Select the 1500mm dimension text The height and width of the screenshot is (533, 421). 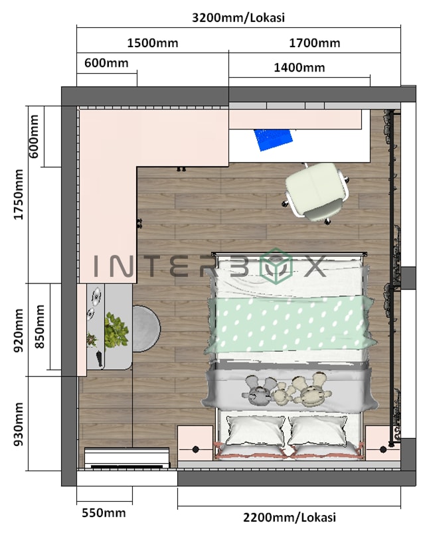tap(152, 43)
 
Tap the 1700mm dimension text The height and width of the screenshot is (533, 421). tap(314, 43)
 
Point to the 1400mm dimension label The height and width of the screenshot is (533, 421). tap(299, 67)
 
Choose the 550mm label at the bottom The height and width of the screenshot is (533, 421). tap(104, 512)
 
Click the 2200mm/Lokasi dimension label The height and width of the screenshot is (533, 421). tap(289, 517)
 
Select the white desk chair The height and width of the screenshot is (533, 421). tap(317, 191)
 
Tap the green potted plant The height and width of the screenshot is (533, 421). tap(116, 330)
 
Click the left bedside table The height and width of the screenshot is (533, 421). tap(195, 443)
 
